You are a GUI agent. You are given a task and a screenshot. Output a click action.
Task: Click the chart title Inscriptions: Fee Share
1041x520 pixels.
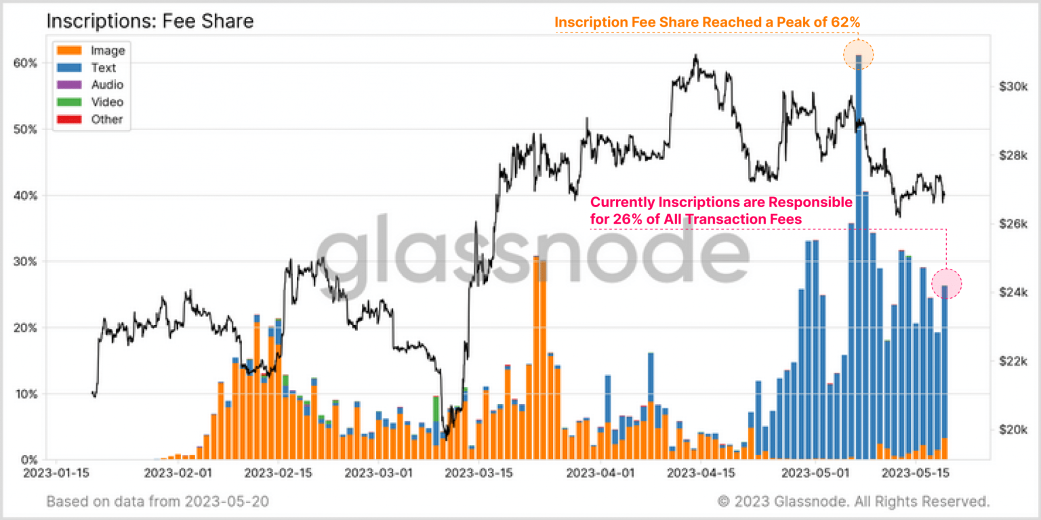pos(150,22)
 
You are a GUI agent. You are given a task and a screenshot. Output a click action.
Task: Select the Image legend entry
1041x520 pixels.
pos(108,50)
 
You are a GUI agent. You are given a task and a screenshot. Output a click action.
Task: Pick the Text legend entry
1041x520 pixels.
pos(104,68)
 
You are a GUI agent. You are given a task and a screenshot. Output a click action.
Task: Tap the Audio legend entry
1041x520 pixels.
pos(107,85)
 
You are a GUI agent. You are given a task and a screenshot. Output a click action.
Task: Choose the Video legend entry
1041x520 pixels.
pos(107,102)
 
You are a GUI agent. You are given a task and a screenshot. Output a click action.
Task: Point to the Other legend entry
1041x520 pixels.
pos(107,119)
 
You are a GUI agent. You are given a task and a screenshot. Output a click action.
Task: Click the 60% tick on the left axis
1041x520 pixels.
pos(25,63)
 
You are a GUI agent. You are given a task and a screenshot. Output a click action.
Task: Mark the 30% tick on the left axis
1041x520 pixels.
pos(25,261)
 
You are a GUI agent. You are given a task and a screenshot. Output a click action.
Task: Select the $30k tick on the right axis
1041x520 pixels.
pos(1013,87)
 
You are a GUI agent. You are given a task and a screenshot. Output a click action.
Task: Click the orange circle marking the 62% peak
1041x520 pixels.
pos(858,56)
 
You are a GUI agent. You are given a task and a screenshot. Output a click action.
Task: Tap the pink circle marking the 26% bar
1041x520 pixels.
pos(946,284)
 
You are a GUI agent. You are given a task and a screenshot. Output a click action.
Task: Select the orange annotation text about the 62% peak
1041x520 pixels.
pos(707,22)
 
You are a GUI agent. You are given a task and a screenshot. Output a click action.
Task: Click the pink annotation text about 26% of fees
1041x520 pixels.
pos(721,211)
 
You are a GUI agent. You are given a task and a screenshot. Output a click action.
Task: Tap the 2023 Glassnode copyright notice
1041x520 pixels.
pos(853,502)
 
